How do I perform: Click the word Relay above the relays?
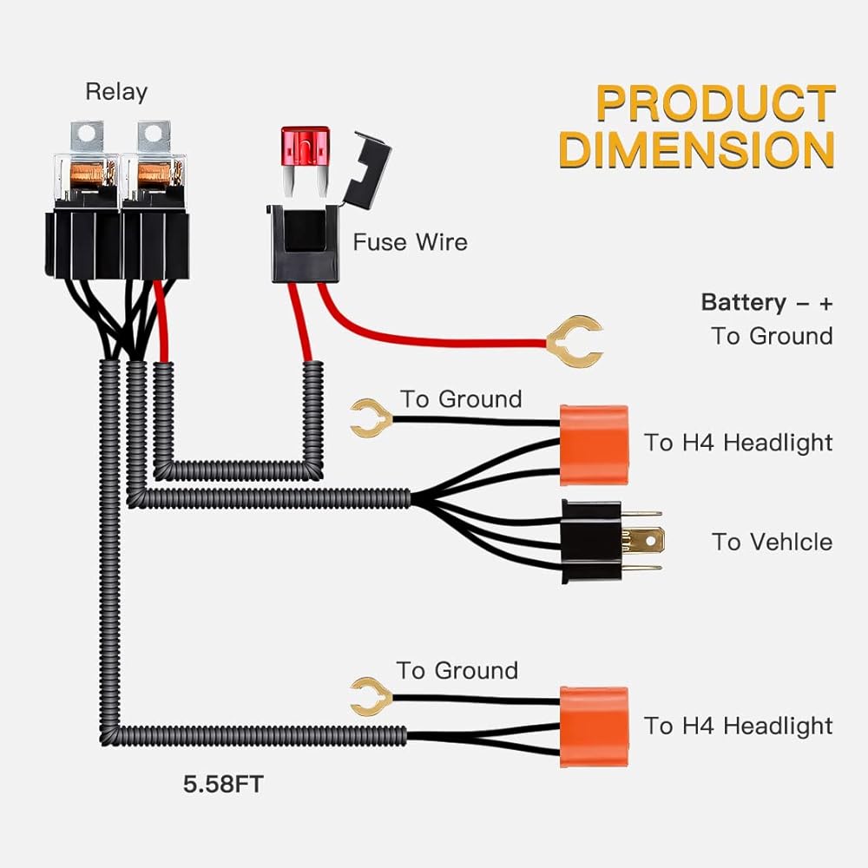[x=116, y=91]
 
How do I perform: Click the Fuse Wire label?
[x=410, y=241]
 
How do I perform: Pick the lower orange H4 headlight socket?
[x=594, y=722]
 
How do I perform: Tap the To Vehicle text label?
[x=772, y=542]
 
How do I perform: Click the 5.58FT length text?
[x=222, y=786]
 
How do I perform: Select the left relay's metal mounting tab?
[x=88, y=133]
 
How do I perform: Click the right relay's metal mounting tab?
[x=154, y=133]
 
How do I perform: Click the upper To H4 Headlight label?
[x=738, y=443]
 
